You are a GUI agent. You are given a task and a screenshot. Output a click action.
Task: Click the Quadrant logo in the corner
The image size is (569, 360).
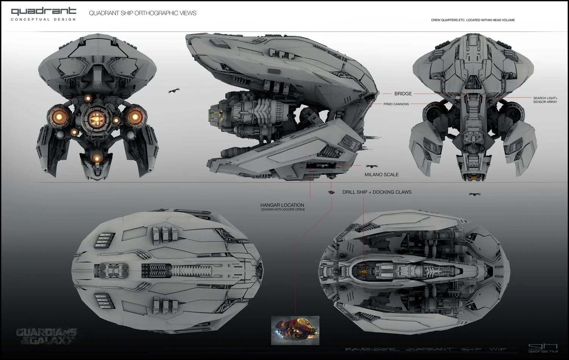(x=43, y=11)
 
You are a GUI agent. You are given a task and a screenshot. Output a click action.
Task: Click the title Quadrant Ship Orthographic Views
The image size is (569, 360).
(x=143, y=13)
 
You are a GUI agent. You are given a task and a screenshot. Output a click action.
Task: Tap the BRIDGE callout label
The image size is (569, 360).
(x=403, y=94)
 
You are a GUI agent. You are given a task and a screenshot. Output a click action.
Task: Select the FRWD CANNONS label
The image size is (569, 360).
(x=396, y=104)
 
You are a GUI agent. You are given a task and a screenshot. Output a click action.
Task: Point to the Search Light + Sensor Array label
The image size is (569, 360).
(x=545, y=100)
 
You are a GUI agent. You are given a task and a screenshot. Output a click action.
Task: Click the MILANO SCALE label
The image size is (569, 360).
(x=381, y=174)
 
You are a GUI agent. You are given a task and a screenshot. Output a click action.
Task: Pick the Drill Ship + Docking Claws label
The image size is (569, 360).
(x=377, y=192)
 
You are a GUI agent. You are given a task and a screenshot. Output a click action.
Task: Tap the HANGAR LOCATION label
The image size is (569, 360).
(x=282, y=205)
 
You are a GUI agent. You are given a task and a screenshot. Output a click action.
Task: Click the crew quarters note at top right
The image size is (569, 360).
(x=473, y=20)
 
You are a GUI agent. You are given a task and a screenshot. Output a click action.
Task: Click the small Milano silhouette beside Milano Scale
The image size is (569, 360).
(x=371, y=166)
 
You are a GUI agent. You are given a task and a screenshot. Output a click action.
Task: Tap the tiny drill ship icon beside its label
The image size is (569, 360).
(x=332, y=192)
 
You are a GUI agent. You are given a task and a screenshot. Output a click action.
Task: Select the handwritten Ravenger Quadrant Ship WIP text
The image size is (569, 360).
(x=425, y=349)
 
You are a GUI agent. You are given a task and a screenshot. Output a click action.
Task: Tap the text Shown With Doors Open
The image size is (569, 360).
(x=283, y=210)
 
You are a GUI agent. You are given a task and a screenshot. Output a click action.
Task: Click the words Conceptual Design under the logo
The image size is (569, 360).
(x=43, y=19)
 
